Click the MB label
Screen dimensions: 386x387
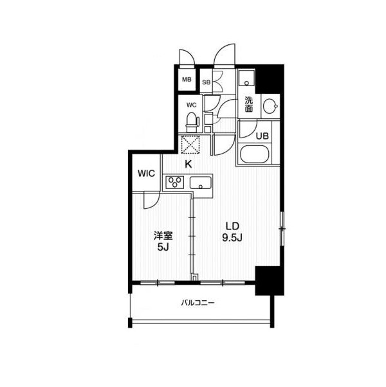pyautogui.click(x=187, y=80)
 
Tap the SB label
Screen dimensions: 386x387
pyautogui.click(x=207, y=82)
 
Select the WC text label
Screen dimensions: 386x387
pyautogui.click(x=192, y=105)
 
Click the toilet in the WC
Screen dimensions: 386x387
pyautogui.click(x=192, y=123)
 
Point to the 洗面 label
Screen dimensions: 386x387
pyautogui.click(x=249, y=104)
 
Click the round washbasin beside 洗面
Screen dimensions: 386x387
pyautogui.click(x=270, y=106)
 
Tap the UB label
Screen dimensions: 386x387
pyautogui.click(x=262, y=136)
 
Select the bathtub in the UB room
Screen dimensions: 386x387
pyautogui.click(x=254, y=154)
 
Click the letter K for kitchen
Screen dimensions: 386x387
pyautogui.click(x=188, y=164)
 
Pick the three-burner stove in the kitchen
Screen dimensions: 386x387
pyautogui.click(x=175, y=182)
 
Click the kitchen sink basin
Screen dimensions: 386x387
pyautogui.click(x=201, y=183)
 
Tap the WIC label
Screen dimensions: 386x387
pyautogui.click(x=146, y=174)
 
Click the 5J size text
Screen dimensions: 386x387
pyautogui.click(x=163, y=247)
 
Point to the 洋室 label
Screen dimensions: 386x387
pyautogui.click(x=163, y=236)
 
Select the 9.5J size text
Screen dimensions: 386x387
pyautogui.click(x=232, y=237)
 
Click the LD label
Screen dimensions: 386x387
pyautogui.click(x=232, y=226)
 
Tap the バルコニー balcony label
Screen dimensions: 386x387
pyautogui.click(x=198, y=302)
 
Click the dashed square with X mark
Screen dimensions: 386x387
pyautogui.click(x=190, y=144)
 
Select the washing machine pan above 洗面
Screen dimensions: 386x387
pyautogui.click(x=246, y=78)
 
